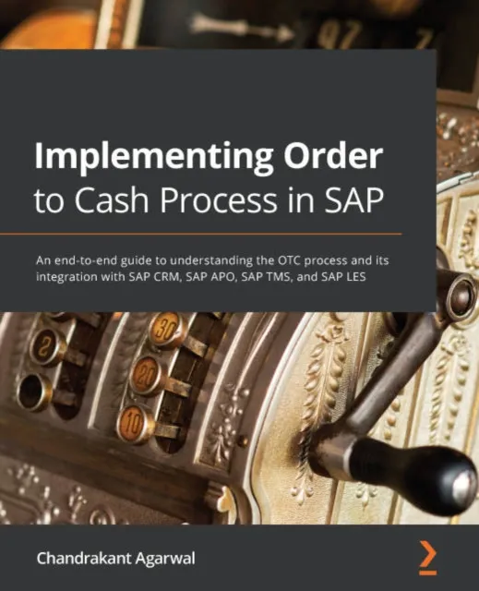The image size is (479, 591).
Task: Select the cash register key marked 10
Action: point(136,420)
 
